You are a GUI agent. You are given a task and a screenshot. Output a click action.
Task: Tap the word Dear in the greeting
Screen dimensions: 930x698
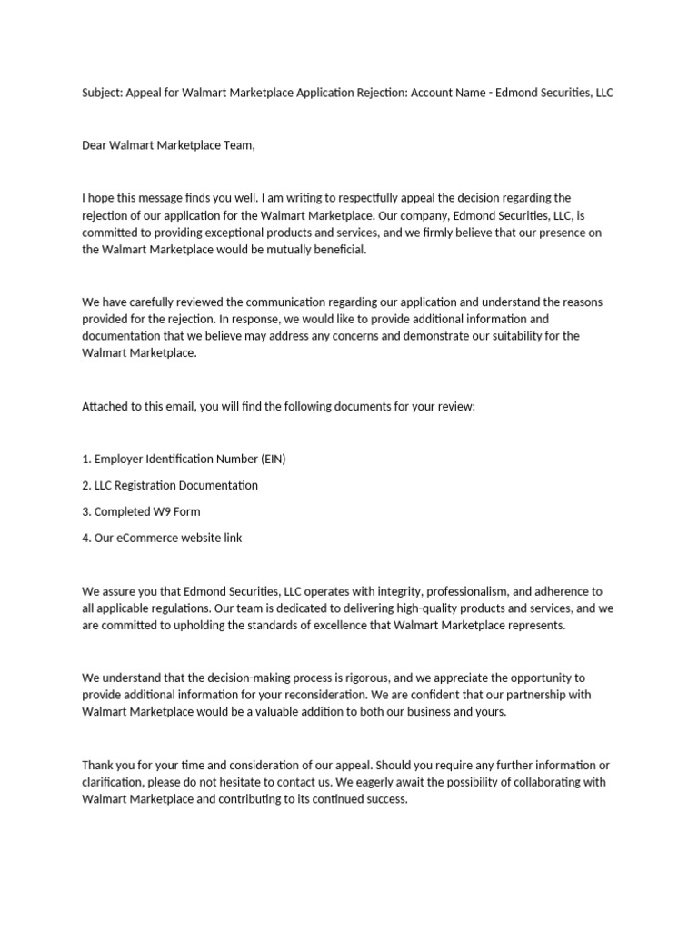pos(95,145)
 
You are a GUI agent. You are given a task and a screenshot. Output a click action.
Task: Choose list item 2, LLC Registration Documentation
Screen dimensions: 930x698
pos(170,485)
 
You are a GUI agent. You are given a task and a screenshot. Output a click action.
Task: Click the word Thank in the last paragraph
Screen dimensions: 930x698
pos(98,765)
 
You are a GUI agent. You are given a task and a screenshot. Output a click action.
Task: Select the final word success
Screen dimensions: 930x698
pos(385,799)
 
